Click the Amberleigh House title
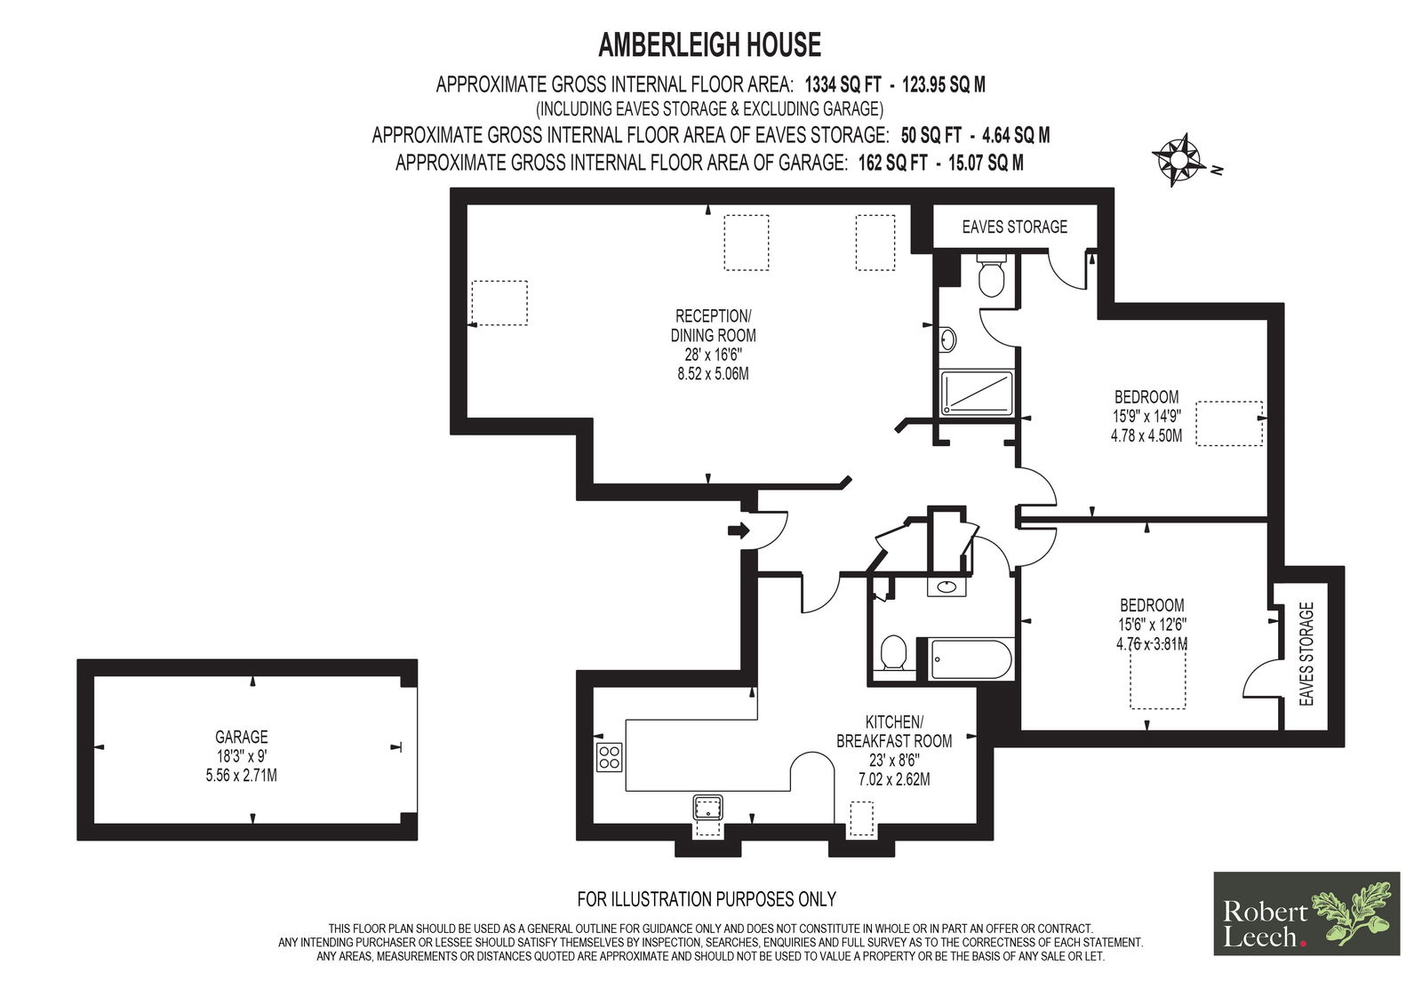tap(710, 45)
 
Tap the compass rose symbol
tap(1178, 159)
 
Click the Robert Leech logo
tap(1306, 913)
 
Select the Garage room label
tap(241, 737)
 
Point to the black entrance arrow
tap(739, 530)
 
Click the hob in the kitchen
tap(609, 757)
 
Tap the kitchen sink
tap(707, 809)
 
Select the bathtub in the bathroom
tap(971, 659)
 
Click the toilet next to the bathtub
tap(894, 652)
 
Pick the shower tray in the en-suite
tap(977, 394)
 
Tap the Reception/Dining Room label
tap(713, 326)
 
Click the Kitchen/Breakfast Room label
tap(894, 731)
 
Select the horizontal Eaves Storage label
tap(1014, 227)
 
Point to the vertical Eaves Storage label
tap(1306, 654)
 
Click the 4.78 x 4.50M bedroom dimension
tap(1146, 436)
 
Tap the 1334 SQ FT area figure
tap(843, 84)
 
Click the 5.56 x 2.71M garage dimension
tap(241, 775)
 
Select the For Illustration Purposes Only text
tap(707, 899)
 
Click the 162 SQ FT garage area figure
tap(892, 164)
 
